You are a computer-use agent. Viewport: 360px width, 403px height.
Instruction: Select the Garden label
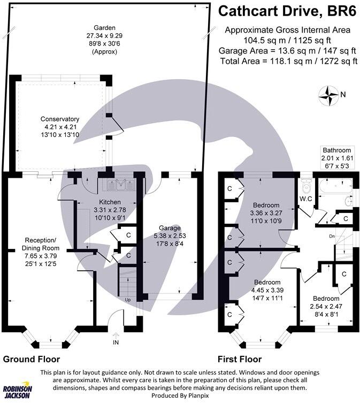click(104, 28)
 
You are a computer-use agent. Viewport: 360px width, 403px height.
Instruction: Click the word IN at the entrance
click(116, 341)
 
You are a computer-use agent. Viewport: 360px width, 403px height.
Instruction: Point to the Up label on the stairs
click(127, 300)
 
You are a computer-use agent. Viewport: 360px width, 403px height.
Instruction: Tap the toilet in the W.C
click(307, 187)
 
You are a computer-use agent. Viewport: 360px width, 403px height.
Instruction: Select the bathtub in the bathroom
click(330, 187)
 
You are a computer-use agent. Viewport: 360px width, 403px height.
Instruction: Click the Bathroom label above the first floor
click(336, 150)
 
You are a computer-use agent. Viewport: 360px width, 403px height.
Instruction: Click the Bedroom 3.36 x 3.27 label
click(266, 205)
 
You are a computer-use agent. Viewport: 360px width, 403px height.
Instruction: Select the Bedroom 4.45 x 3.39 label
click(267, 282)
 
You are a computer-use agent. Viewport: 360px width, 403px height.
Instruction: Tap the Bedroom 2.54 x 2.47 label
click(326, 298)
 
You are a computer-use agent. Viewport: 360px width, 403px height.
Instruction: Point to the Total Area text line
click(288, 62)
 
